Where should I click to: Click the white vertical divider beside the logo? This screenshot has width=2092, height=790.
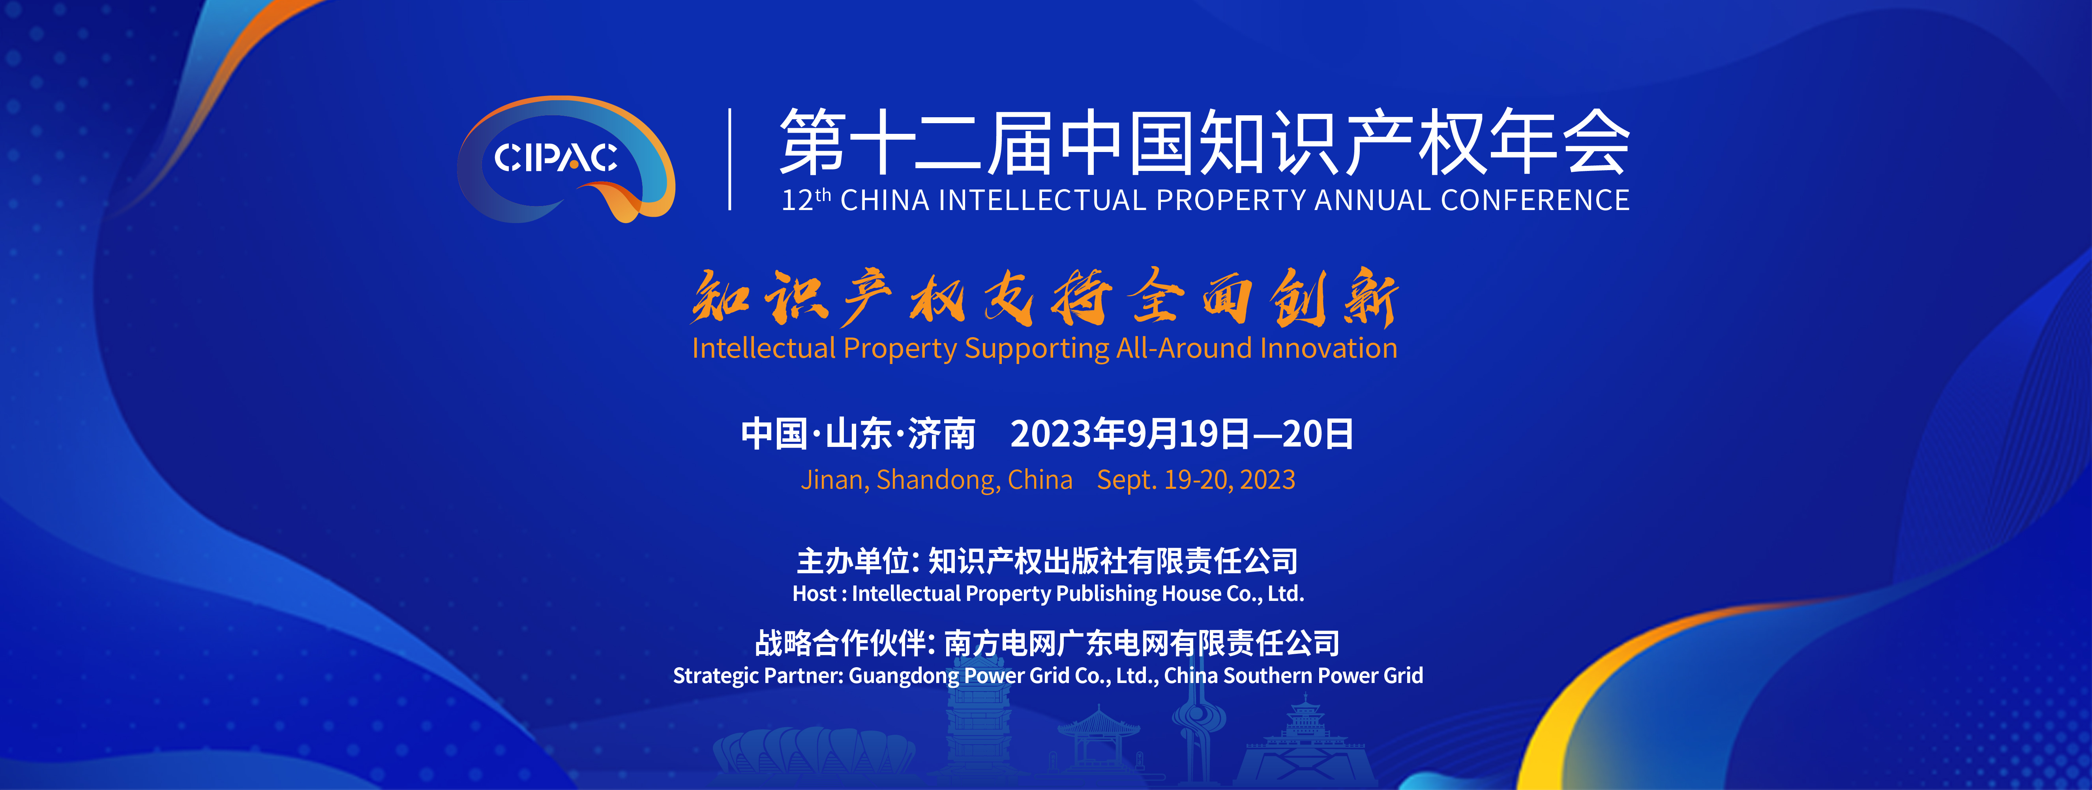[730, 159]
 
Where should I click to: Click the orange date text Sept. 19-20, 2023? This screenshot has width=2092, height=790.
[1196, 480]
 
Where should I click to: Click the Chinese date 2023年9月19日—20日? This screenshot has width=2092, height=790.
[1182, 433]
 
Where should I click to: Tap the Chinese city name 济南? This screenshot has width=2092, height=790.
[942, 433]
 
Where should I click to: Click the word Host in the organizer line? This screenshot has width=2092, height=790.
[815, 593]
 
